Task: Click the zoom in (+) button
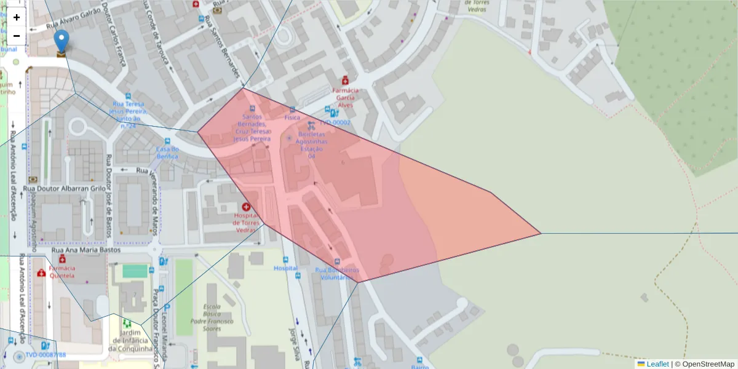tap(17, 17)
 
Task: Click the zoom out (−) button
tap(17, 36)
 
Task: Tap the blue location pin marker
tap(61, 41)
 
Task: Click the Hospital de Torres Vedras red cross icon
tap(247, 208)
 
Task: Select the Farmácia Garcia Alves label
tap(346, 97)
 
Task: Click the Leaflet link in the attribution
tap(657, 364)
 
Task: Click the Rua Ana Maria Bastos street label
tap(88, 250)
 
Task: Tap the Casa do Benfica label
tap(167, 153)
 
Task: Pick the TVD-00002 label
tap(335, 122)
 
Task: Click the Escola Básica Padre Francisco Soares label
tap(212, 317)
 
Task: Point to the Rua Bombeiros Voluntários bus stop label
tap(337, 273)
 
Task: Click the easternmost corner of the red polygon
tap(541, 233)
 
